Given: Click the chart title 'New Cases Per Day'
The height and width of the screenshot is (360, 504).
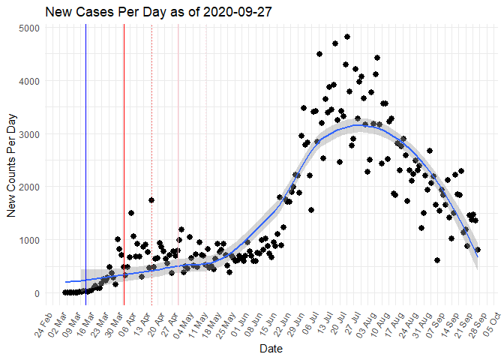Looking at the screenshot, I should [99, 13].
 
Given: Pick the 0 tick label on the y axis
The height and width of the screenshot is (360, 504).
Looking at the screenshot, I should [37, 293].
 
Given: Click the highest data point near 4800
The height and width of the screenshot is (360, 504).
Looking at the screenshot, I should [347, 37].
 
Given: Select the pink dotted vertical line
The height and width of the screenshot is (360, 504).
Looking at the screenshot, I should [206, 187].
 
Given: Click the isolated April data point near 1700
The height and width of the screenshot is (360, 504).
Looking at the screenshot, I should [151, 200].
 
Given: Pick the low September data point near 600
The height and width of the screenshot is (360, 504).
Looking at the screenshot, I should [437, 260].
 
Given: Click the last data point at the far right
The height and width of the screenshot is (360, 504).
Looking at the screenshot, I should [478, 250].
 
